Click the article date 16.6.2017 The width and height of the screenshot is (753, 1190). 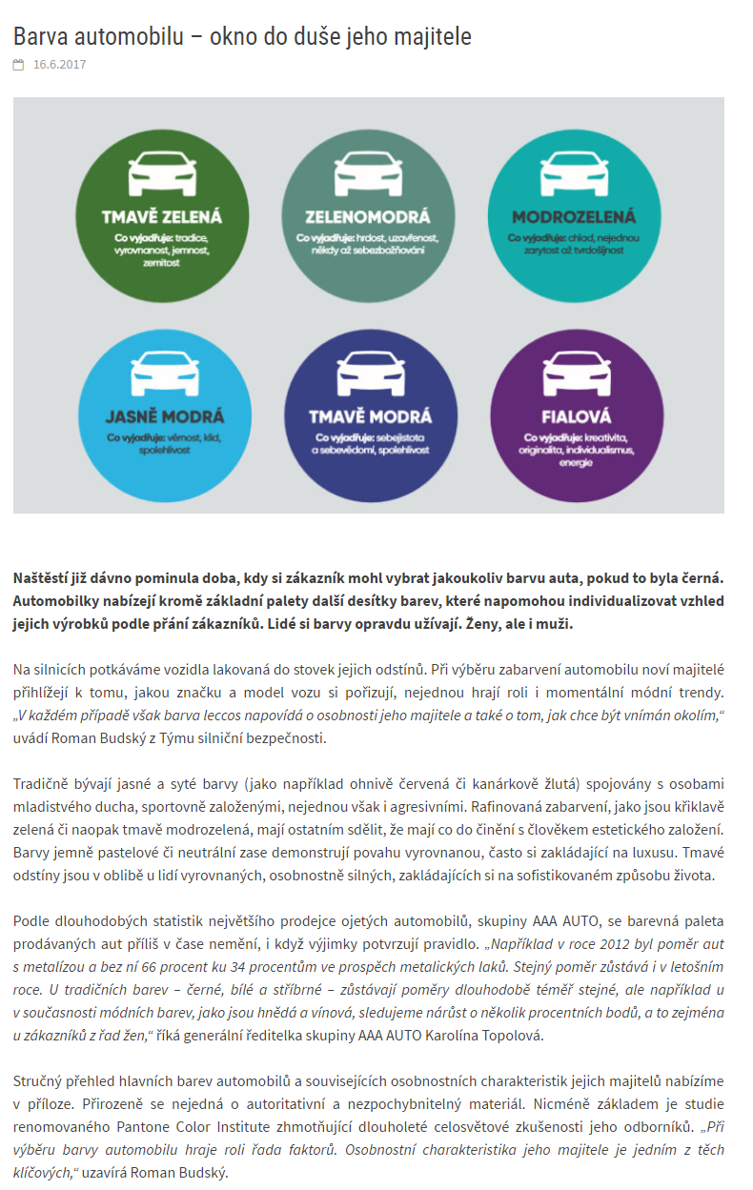[x=59, y=65]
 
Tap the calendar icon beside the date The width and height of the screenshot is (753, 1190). [x=18, y=65]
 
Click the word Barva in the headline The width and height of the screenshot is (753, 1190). [x=39, y=36]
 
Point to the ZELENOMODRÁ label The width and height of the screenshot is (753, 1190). [x=367, y=216]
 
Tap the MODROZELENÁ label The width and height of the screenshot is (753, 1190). [x=573, y=216]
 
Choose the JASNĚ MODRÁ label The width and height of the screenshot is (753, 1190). [x=165, y=416]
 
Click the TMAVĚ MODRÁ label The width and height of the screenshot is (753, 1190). [x=369, y=416]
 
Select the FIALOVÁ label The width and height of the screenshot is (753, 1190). [x=575, y=416]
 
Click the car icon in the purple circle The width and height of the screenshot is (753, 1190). [x=575, y=374]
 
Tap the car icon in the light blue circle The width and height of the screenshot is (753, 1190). [x=164, y=374]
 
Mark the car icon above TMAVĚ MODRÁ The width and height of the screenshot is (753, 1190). [x=369, y=374]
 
